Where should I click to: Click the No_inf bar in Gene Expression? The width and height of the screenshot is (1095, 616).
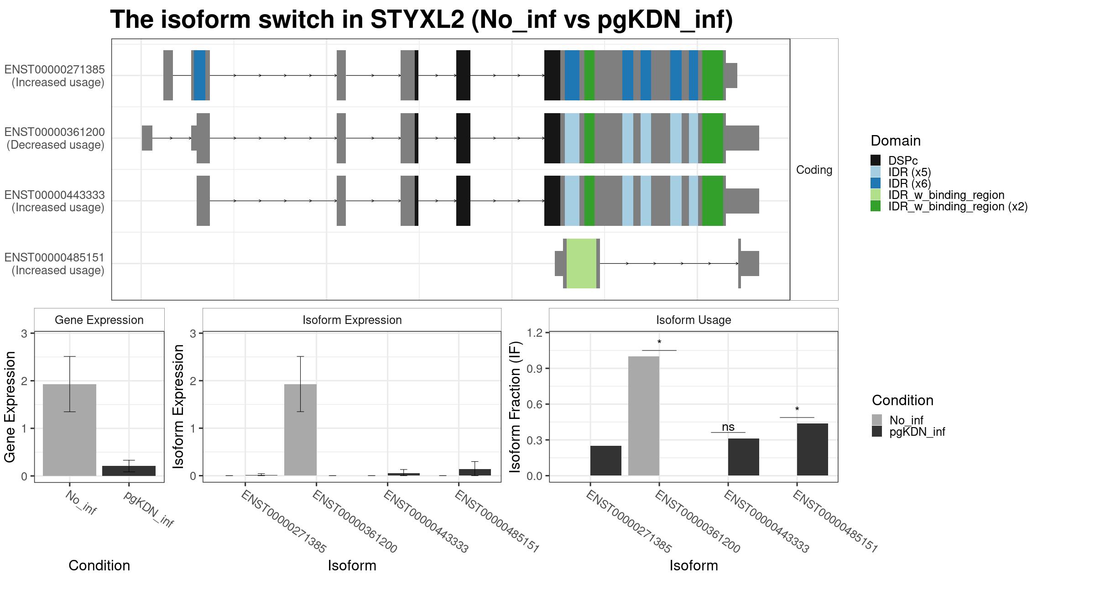point(69,430)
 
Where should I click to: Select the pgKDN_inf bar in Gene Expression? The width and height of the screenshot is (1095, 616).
point(129,471)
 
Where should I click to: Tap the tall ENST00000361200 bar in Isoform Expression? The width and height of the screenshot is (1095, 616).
point(300,430)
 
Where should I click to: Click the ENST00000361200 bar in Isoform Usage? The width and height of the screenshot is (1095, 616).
point(644,416)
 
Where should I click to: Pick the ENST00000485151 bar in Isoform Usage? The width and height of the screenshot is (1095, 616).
point(813,449)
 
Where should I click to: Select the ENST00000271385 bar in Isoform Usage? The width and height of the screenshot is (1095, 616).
point(606,461)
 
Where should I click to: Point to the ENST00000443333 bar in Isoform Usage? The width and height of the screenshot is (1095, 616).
point(744,457)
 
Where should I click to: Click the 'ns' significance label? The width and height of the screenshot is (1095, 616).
point(728,427)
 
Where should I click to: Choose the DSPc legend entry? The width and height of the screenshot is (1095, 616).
point(894,161)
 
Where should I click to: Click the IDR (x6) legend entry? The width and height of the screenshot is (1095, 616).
point(901,183)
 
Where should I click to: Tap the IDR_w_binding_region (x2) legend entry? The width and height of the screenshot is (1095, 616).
point(949,206)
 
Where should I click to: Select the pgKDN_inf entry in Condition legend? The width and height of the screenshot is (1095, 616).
point(908,432)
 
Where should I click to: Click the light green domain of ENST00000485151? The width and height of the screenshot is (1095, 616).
point(581,263)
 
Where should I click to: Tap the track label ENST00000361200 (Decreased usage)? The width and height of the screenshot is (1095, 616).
point(55,138)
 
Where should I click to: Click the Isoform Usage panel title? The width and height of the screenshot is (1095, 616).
point(693,320)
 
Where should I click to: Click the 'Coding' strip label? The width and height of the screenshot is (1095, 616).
point(814,170)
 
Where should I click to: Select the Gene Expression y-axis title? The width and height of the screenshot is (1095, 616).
point(10,407)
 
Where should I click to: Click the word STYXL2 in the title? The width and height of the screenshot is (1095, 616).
point(417,20)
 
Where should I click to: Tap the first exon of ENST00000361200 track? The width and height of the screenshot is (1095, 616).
point(147,138)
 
